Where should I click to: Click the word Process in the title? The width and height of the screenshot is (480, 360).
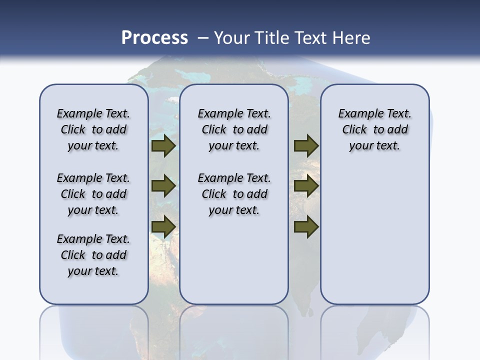pyautogui.click(x=154, y=37)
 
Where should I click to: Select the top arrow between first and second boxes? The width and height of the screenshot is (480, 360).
pyautogui.click(x=163, y=146)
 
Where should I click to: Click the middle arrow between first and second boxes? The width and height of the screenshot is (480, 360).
pyautogui.click(x=163, y=186)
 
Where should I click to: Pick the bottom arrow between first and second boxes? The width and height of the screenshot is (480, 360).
pyautogui.click(x=163, y=226)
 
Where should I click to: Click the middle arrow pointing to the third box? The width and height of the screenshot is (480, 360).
pyautogui.click(x=306, y=186)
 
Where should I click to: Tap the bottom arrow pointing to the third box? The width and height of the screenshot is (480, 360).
pyautogui.click(x=306, y=226)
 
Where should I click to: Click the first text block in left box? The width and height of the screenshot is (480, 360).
pyautogui.click(x=93, y=129)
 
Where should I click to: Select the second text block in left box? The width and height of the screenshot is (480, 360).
pyautogui.click(x=93, y=194)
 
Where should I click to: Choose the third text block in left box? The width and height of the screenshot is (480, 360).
pyautogui.click(x=93, y=255)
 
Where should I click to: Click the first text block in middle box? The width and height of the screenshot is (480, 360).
pyautogui.click(x=234, y=129)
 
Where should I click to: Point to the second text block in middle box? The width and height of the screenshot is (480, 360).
pyautogui.click(x=234, y=194)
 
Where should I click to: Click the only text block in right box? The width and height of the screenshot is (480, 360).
pyautogui.click(x=374, y=129)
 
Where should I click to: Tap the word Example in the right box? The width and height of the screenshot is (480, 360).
pyautogui.click(x=356, y=114)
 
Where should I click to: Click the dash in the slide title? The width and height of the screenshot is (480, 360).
pyautogui.click(x=203, y=38)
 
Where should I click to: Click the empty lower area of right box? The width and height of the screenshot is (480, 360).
pyautogui.click(x=374, y=240)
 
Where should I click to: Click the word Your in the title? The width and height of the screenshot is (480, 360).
pyautogui.click(x=231, y=37)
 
